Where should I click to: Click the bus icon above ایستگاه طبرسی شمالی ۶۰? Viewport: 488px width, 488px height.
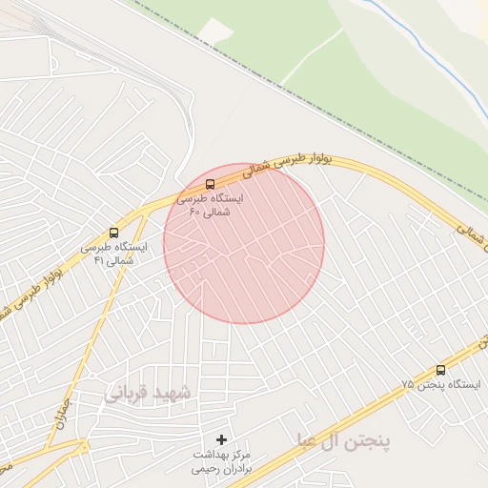point(210,184)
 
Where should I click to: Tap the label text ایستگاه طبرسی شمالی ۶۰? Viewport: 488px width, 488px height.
point(210,204)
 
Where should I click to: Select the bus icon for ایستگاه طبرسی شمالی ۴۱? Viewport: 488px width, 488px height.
point(114,233)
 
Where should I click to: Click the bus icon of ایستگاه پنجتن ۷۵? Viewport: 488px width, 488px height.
point(440,370)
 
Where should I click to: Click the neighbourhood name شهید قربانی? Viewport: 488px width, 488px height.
point(148,392)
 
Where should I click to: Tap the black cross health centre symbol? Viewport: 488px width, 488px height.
point(222,439)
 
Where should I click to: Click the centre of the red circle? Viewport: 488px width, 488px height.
point(244,243)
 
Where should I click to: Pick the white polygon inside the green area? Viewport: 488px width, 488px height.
point(216,31)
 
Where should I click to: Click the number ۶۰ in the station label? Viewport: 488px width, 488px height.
point(194,211)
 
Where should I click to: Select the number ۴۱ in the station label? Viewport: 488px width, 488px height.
point(98,260)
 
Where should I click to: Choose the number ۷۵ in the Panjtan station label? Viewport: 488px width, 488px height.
point(408,384)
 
